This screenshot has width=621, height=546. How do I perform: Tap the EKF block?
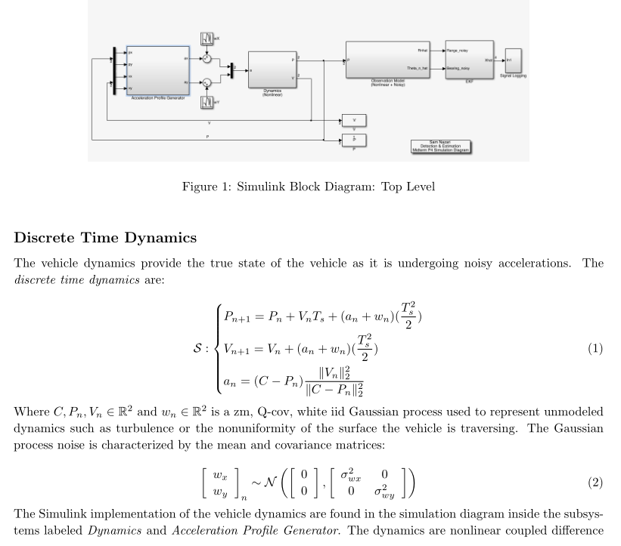tap(468, 57)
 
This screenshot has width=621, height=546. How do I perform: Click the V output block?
tap(353, 119)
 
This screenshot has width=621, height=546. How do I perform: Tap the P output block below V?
tap(353, 140)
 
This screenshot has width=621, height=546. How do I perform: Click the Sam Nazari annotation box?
tap(441, 147)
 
